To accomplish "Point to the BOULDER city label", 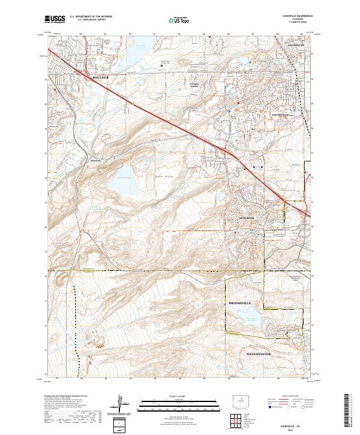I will pyautogui.click(x=103, y=78).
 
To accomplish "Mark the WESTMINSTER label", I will pyautogui.click(x=259, y=354).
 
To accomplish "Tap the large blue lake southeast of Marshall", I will pyautogui.click(x=126, y=179).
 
